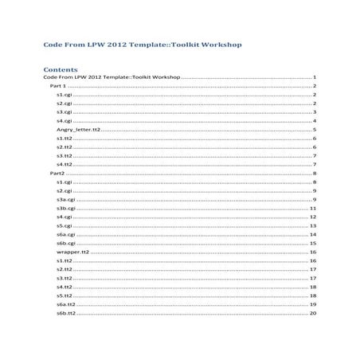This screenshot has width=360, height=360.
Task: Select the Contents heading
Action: (x=61, y=68)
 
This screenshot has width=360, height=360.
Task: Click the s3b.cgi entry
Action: (x=66, y=208)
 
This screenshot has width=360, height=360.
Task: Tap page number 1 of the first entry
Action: (x=316, y=76)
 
